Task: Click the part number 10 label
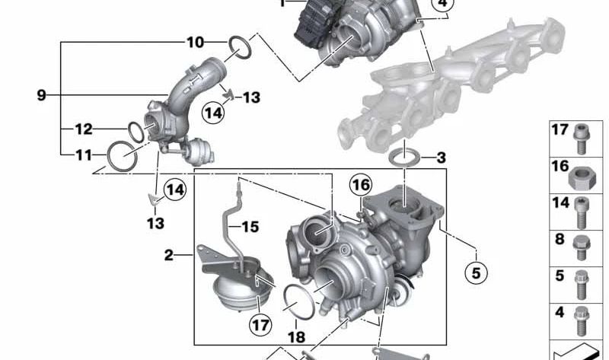(x=196, y=43)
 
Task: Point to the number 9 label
(x=42, y=95)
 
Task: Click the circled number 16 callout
(x=360, y=185)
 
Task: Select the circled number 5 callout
(x=477, y=273)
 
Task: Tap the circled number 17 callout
(x=260, y=324)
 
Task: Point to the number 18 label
(x=296, y=336)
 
